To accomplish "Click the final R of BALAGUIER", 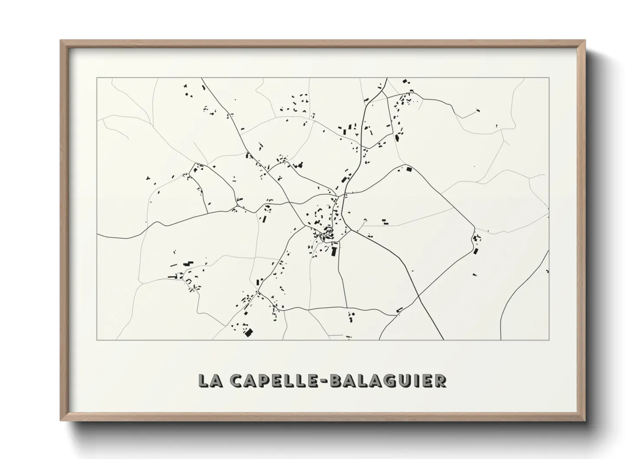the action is tap(441, 380).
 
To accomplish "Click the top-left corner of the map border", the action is tap(97, 78).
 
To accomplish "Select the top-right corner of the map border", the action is tap(549, 78).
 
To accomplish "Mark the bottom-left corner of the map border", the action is tap(97, 340).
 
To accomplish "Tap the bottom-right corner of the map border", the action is tap(549, 340).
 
